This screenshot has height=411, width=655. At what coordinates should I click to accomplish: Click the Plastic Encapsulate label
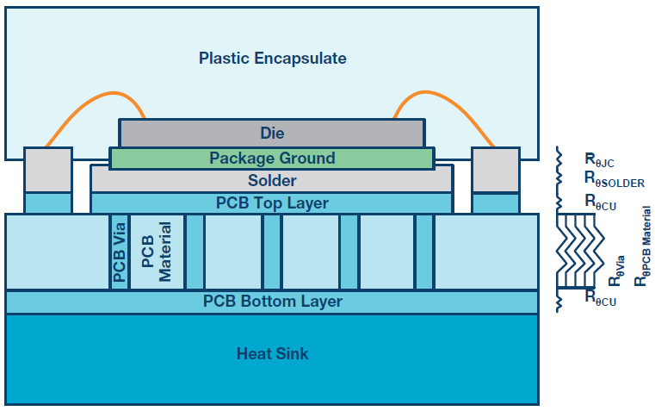coord(272,58)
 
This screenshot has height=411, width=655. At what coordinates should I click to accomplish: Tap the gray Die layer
coord(272,133)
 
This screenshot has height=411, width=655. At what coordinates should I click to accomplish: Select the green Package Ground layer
coord(272,158)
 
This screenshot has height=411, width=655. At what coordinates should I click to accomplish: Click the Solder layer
coord(272,180)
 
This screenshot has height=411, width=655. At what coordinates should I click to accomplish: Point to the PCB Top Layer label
coord(272,203)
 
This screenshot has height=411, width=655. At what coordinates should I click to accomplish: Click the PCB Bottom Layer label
coord(272,301)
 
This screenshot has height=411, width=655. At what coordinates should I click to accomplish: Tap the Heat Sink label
coord(272,354)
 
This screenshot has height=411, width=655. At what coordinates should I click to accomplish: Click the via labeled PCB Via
coord(120,252)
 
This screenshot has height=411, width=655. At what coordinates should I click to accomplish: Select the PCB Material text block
coord(157,252)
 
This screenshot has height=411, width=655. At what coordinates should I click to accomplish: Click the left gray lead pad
coord(48,170)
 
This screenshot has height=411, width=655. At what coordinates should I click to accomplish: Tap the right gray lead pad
coord(496,170)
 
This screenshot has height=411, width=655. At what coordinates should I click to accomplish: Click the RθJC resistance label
coord(599,160)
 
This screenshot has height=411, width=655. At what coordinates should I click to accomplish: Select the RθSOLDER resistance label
coord(615,179)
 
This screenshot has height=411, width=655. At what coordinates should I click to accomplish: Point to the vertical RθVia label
coord(616,271)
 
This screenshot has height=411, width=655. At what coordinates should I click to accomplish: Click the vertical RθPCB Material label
coord(643,246)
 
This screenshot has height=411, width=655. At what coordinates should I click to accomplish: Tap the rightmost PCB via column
coord(424,252)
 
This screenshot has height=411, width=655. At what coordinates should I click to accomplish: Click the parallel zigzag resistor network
coord(580,251)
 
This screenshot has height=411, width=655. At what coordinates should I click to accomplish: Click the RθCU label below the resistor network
coord(600,297)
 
